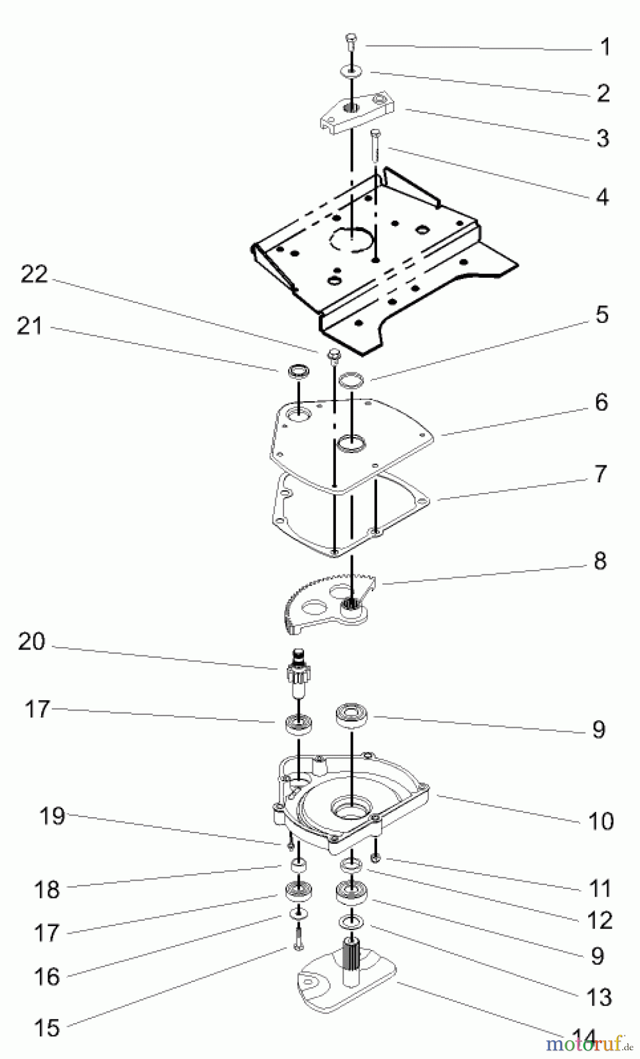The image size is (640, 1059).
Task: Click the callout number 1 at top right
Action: coord(605,47)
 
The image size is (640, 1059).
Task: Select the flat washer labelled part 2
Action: coord(351,72)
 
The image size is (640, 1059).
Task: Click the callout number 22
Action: coord(34,274)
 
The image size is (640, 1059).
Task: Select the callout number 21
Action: coord(29,325)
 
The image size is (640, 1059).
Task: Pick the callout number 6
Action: coord(601,402)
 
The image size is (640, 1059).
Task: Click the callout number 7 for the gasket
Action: coord(600,474)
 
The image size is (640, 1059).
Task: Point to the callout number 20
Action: coord(31,641)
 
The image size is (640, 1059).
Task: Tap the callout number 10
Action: coord(601,821)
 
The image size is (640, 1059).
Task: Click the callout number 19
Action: coord(52,816)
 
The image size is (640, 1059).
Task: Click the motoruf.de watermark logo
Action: coord(583,1044)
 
